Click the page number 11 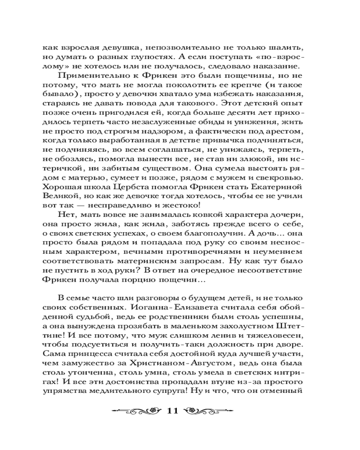[x=173, y=411]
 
